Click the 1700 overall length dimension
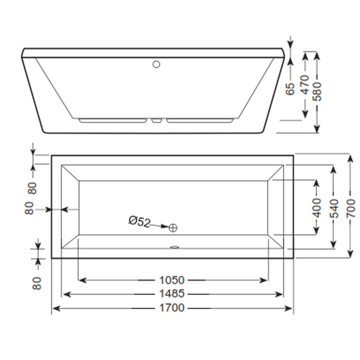(x=171, y=308)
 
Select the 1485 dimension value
(x=171, y=294)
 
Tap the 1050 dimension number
(x=171, y=280)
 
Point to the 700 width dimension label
(x=350, y=208)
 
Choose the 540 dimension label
(x=334, y=208)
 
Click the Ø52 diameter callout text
(x=139, y=222)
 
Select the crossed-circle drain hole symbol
(x=173, y=228)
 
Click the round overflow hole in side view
(x=157, y=64)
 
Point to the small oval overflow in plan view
(x=174, y=246)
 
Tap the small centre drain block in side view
(x=157, y=120)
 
